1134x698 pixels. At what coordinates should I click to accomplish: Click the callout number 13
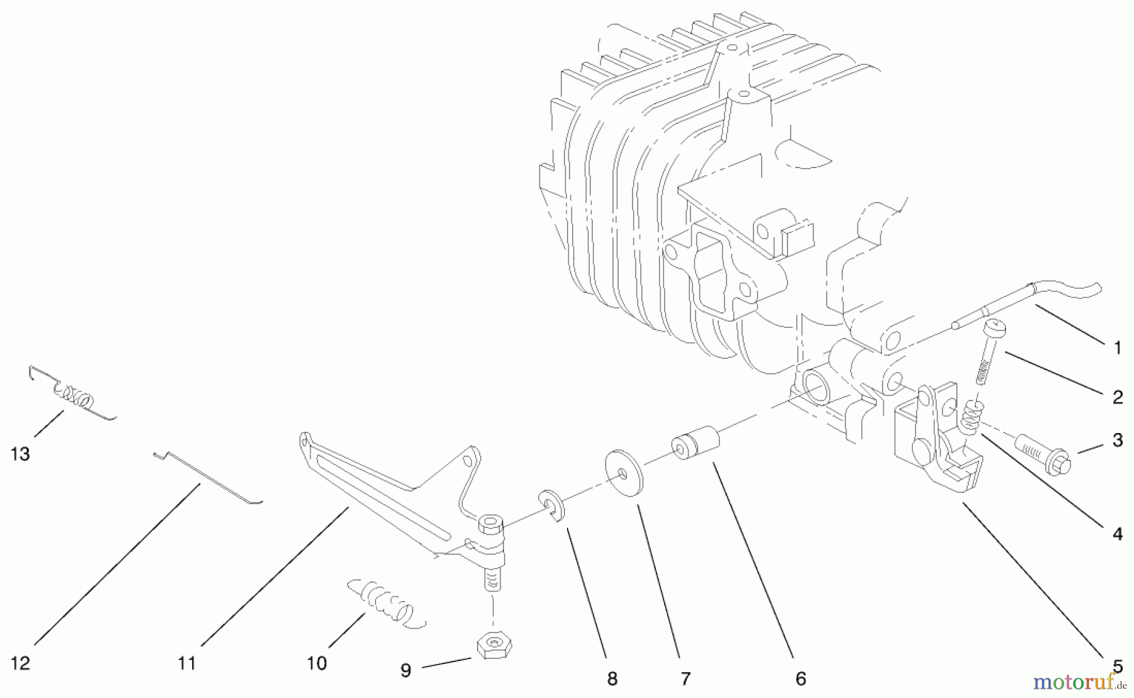(20, 454)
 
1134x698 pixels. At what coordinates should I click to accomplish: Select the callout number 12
(20, 663)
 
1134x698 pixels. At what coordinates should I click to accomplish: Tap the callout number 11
(187, 663)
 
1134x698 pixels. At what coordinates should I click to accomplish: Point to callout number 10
(317, 663)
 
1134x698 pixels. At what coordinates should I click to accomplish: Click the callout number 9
(406, 671)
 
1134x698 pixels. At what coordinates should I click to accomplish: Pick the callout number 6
(801, 678)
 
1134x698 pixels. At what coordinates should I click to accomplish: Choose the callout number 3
(1117, 440)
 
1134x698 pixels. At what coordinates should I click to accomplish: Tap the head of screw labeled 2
(995, 329)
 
